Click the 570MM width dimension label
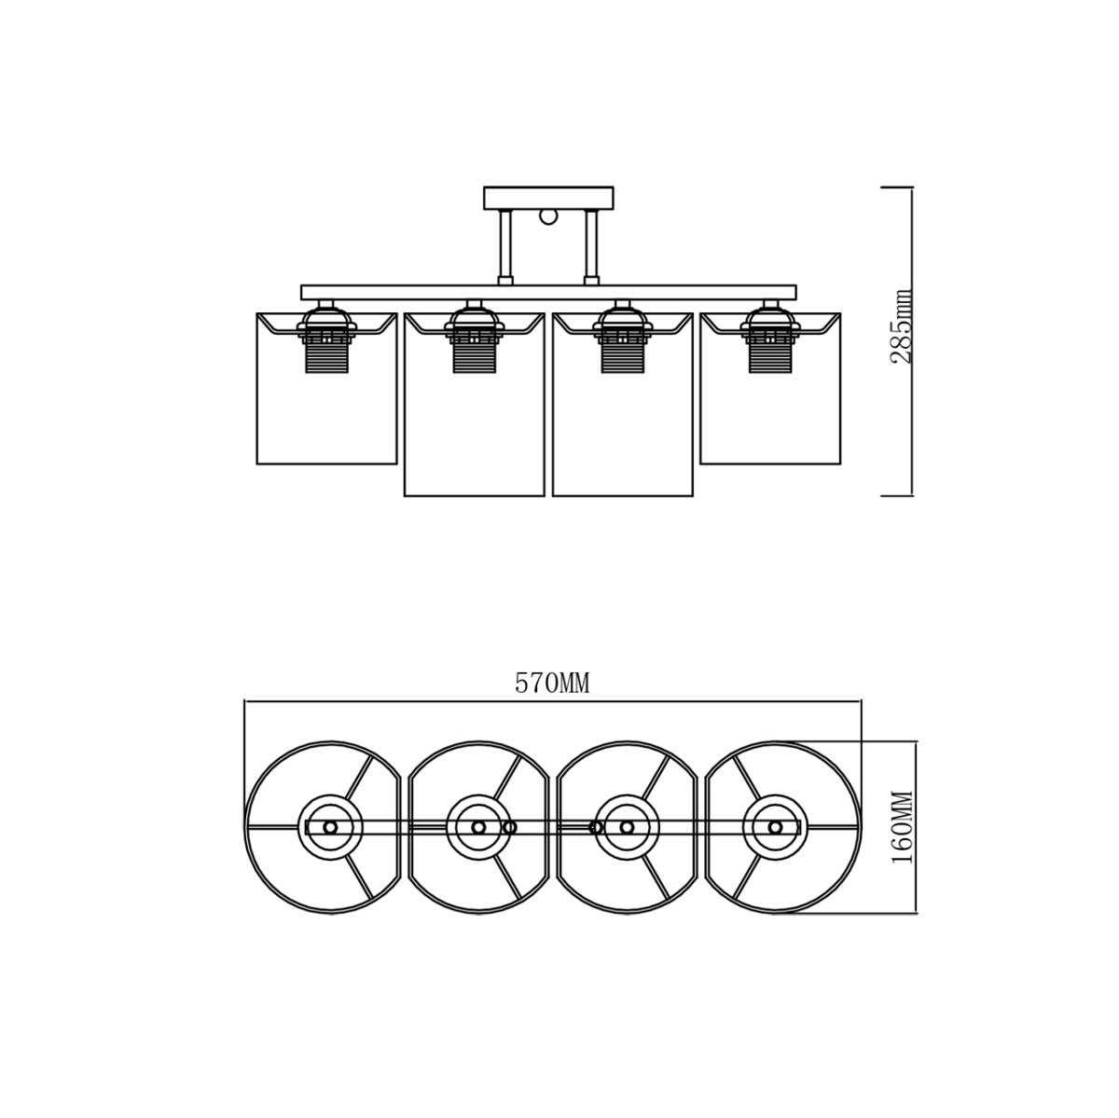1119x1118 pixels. coord(553,684)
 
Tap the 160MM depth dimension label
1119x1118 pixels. coord(903,827)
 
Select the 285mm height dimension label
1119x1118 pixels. coord(902,326)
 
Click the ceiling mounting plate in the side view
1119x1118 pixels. coord(549,198)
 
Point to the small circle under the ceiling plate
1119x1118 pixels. coord(549,217)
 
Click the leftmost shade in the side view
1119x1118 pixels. coord(326,410)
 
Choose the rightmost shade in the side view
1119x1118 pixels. coord(770,410)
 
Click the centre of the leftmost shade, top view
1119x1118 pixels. coord(329,827)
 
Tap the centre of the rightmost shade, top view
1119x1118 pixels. coord(775,827)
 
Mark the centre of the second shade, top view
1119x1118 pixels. coord(478,827)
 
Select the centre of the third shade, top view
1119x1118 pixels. coord(627,827)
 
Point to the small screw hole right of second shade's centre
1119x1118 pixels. coord(509,827)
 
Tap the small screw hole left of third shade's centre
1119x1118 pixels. coord(596,827)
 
